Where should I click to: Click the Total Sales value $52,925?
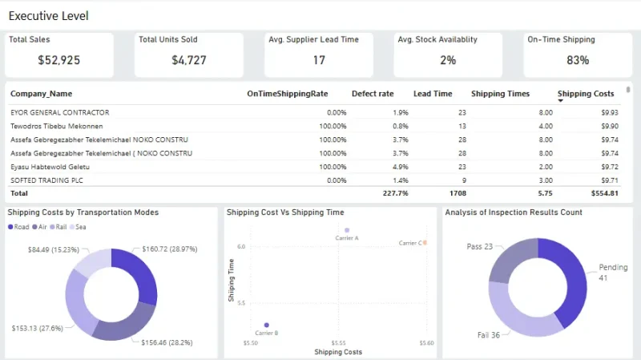58,60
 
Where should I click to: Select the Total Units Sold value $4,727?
189,60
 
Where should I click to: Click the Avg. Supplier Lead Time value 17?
319,60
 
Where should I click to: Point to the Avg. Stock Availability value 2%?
448,60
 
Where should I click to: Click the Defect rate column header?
373,94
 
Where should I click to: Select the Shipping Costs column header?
586,94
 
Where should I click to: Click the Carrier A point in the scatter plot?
347,230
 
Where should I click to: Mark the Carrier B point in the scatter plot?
267,326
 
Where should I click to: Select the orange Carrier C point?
425,242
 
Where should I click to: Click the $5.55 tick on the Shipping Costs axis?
338,342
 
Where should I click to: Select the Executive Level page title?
48,16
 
